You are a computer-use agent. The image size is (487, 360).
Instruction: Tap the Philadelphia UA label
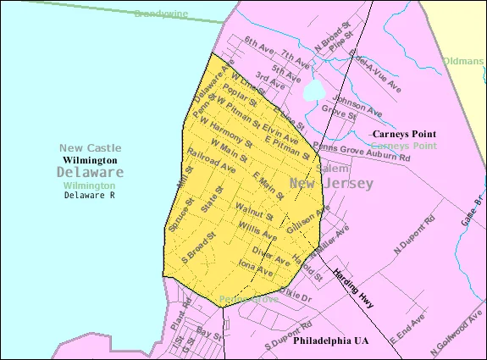[x=331, y=341]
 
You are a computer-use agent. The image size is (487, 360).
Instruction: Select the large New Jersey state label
[x=331, y=184]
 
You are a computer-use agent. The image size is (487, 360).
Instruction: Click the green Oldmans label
[x=463, y=61]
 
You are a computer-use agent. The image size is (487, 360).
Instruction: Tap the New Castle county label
[x=90, y=147]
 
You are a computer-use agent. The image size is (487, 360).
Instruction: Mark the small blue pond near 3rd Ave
[x=313, y=91]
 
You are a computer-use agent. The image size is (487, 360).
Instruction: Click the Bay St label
[x=208, y=333]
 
